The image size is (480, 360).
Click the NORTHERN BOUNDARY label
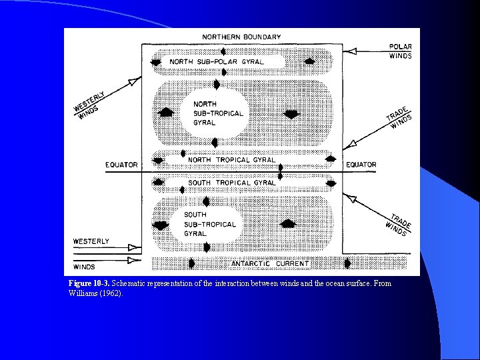[x=241, y=37]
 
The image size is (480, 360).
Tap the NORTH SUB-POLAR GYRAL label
[x=216, y=62]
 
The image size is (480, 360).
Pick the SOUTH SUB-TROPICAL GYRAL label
[x=209, y=224]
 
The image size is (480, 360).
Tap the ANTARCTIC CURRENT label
[x=270, y=264]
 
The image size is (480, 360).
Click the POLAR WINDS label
[x=400, y=51]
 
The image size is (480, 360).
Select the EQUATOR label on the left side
[x=121, y=165]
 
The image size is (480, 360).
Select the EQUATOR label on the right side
[x=361, y=165]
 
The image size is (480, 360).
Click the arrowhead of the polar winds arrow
[x=351, y=51]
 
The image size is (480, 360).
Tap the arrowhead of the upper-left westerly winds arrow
[x=135, y=81]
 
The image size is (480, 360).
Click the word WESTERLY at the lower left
[x=91, y=241]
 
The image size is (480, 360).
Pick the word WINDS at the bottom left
[x=85, y=267]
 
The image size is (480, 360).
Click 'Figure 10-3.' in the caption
[x=89, y=284]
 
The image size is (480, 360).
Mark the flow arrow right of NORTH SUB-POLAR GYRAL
[x=309, y=62]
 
